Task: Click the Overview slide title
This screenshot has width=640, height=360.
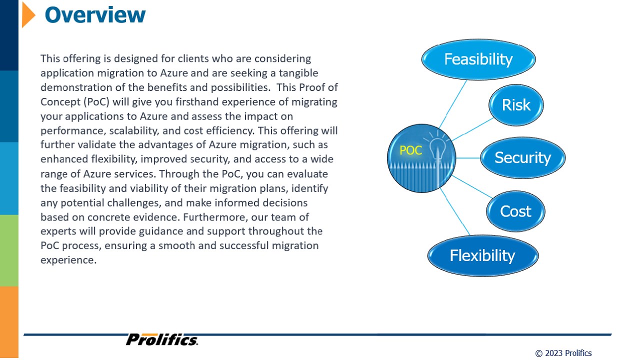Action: coord(95,15)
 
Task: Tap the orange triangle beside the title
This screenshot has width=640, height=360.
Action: coord(28,14)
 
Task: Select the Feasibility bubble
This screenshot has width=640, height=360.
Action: coord(478,59)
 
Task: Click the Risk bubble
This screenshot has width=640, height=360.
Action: coord(516,105)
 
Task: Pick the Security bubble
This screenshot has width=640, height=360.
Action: coord(523,157)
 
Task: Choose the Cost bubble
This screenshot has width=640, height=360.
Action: coord(515,211)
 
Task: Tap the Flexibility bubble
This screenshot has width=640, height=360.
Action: coord(483,255)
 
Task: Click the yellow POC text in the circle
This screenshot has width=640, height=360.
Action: coord(410,150)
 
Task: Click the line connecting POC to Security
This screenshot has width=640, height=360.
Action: coord(468,157)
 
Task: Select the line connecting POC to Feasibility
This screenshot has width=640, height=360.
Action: coord(453,104)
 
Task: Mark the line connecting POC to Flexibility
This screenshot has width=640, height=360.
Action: coord(455,211)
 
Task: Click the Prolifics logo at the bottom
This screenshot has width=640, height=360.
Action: coord(162,339)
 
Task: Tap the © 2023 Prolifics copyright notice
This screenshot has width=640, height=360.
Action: coord(563,353)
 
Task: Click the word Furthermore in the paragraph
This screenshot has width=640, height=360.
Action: coord(218,217)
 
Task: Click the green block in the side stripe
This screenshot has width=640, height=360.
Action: coord(9,250)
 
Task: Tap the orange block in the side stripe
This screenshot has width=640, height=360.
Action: coord(9,322)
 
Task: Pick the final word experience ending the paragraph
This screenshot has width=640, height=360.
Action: coord(68,260)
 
